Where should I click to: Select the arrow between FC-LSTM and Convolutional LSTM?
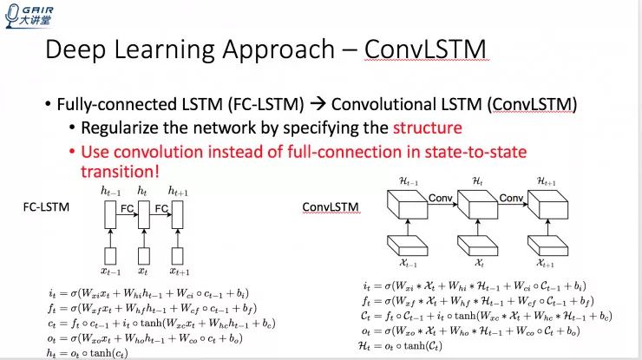(318, 104)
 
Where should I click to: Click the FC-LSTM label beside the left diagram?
(46, 208)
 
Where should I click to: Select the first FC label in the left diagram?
(127, 207)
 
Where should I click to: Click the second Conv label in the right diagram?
(512, 198)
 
